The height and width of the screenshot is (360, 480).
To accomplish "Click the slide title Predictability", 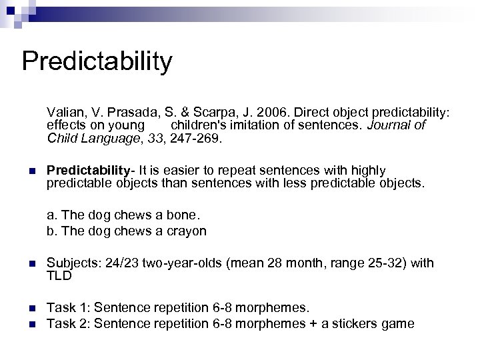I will [97, 61].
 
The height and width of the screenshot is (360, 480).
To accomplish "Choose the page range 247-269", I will [199, 139].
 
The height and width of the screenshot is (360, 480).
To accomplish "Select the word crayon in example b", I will [188, 231].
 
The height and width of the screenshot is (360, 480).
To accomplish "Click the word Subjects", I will [71, 263].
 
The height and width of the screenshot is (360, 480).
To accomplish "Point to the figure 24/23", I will [119, 263].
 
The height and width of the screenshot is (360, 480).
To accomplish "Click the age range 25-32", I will [383, 263].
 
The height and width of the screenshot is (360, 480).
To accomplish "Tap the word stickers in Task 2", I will [351, 323].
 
